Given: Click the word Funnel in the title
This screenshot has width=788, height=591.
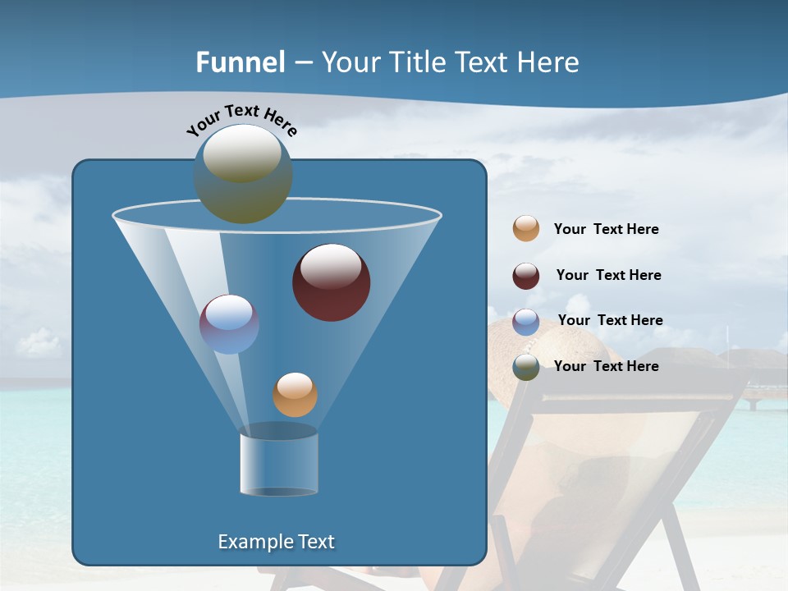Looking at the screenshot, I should [240, 62].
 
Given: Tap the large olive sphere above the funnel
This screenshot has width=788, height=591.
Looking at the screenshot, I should [243, 173].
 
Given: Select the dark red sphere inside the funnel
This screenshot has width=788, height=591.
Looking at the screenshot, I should [331, 282].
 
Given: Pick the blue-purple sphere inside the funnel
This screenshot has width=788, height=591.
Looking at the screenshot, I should [229, 324].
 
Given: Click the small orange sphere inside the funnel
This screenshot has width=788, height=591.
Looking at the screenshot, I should [295, 395].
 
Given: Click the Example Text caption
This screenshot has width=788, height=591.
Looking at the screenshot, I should [276, 542].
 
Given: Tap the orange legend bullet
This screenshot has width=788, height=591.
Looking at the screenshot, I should [526, 228].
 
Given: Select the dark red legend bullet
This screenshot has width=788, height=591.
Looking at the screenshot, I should [526, 276].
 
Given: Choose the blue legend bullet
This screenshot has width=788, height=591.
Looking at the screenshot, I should [526, 322].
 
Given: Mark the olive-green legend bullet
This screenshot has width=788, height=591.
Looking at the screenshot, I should [526, 367].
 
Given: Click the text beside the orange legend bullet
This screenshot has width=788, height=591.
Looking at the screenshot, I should [606, 230].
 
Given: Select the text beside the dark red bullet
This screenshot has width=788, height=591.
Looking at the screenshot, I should [608, 275].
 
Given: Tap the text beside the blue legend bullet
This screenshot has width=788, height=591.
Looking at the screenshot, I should [610, 320].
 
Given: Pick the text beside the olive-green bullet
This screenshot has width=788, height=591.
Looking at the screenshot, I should [606, 366].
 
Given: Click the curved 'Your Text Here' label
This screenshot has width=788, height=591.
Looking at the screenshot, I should [241, 118].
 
